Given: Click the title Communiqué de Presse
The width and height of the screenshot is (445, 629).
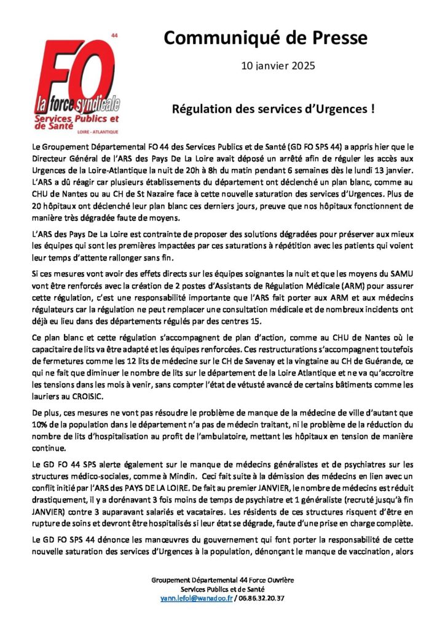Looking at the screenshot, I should click(x=266, y=38).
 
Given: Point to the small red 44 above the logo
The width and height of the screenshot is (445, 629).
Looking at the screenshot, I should click(x=113, y=36).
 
